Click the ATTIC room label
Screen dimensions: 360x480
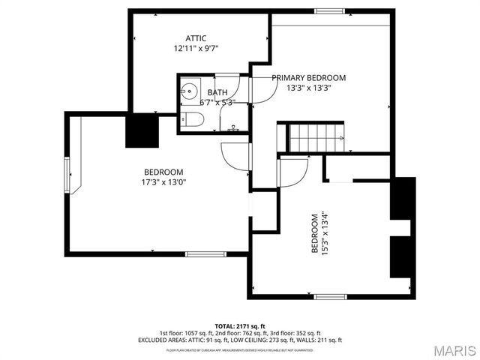point(196,38)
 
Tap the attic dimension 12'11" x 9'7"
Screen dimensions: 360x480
point(196,48)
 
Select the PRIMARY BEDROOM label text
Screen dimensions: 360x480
point(308,78)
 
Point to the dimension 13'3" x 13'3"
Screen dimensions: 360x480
point(308,88)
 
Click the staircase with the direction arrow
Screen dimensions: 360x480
point(316,137)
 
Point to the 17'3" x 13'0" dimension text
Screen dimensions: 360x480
point(163,181)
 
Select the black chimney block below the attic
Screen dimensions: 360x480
point(140,132)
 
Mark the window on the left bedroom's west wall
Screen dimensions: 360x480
point(67,177)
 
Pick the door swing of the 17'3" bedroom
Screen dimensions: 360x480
point(235,155)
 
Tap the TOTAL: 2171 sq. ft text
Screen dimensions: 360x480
point(239,326)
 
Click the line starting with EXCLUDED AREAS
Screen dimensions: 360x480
point(239,340)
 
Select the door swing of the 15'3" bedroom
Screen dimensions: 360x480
point(291,170)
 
